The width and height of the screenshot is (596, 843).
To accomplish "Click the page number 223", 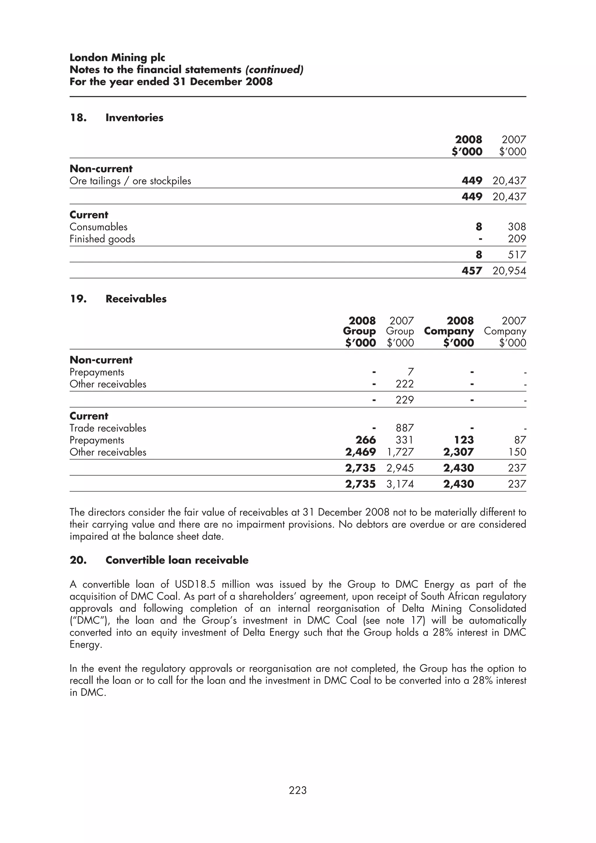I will [x=297, y=790].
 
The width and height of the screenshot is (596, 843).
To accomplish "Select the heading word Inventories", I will [x=134, y=118].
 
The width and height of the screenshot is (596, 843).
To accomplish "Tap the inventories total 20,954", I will [x=509, y=271].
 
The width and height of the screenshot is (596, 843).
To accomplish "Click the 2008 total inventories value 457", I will [x=471, y=271].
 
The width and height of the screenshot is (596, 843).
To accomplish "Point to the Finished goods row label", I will [x=102, y=239].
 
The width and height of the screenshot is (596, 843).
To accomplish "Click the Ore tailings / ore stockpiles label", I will [x=130, y=181].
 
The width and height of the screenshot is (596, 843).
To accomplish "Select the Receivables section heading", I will [x=136, y=299].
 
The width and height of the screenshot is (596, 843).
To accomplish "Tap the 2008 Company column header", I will [x=449, y=331].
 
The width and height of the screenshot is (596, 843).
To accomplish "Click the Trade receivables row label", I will [x=108, y=428].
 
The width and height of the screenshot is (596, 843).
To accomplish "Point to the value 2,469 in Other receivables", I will [x=360, y=452].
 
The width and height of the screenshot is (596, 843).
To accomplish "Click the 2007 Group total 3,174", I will [x=400, y=484].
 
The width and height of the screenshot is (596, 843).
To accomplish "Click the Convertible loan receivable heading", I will [x=177, y=560].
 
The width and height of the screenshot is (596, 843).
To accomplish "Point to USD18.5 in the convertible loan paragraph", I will [x=195, y=584].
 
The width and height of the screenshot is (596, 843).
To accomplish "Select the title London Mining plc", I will [x=117, y=58].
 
